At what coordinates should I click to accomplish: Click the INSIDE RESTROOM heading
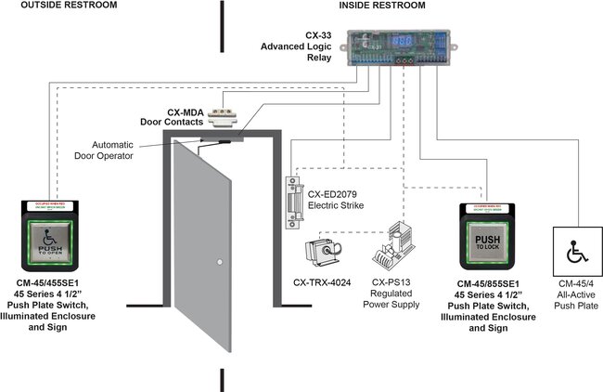(381, 6)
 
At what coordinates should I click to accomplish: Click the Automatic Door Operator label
(126, 150)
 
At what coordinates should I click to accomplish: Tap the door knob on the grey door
(217, 260)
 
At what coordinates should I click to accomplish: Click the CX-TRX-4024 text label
(321, 281)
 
